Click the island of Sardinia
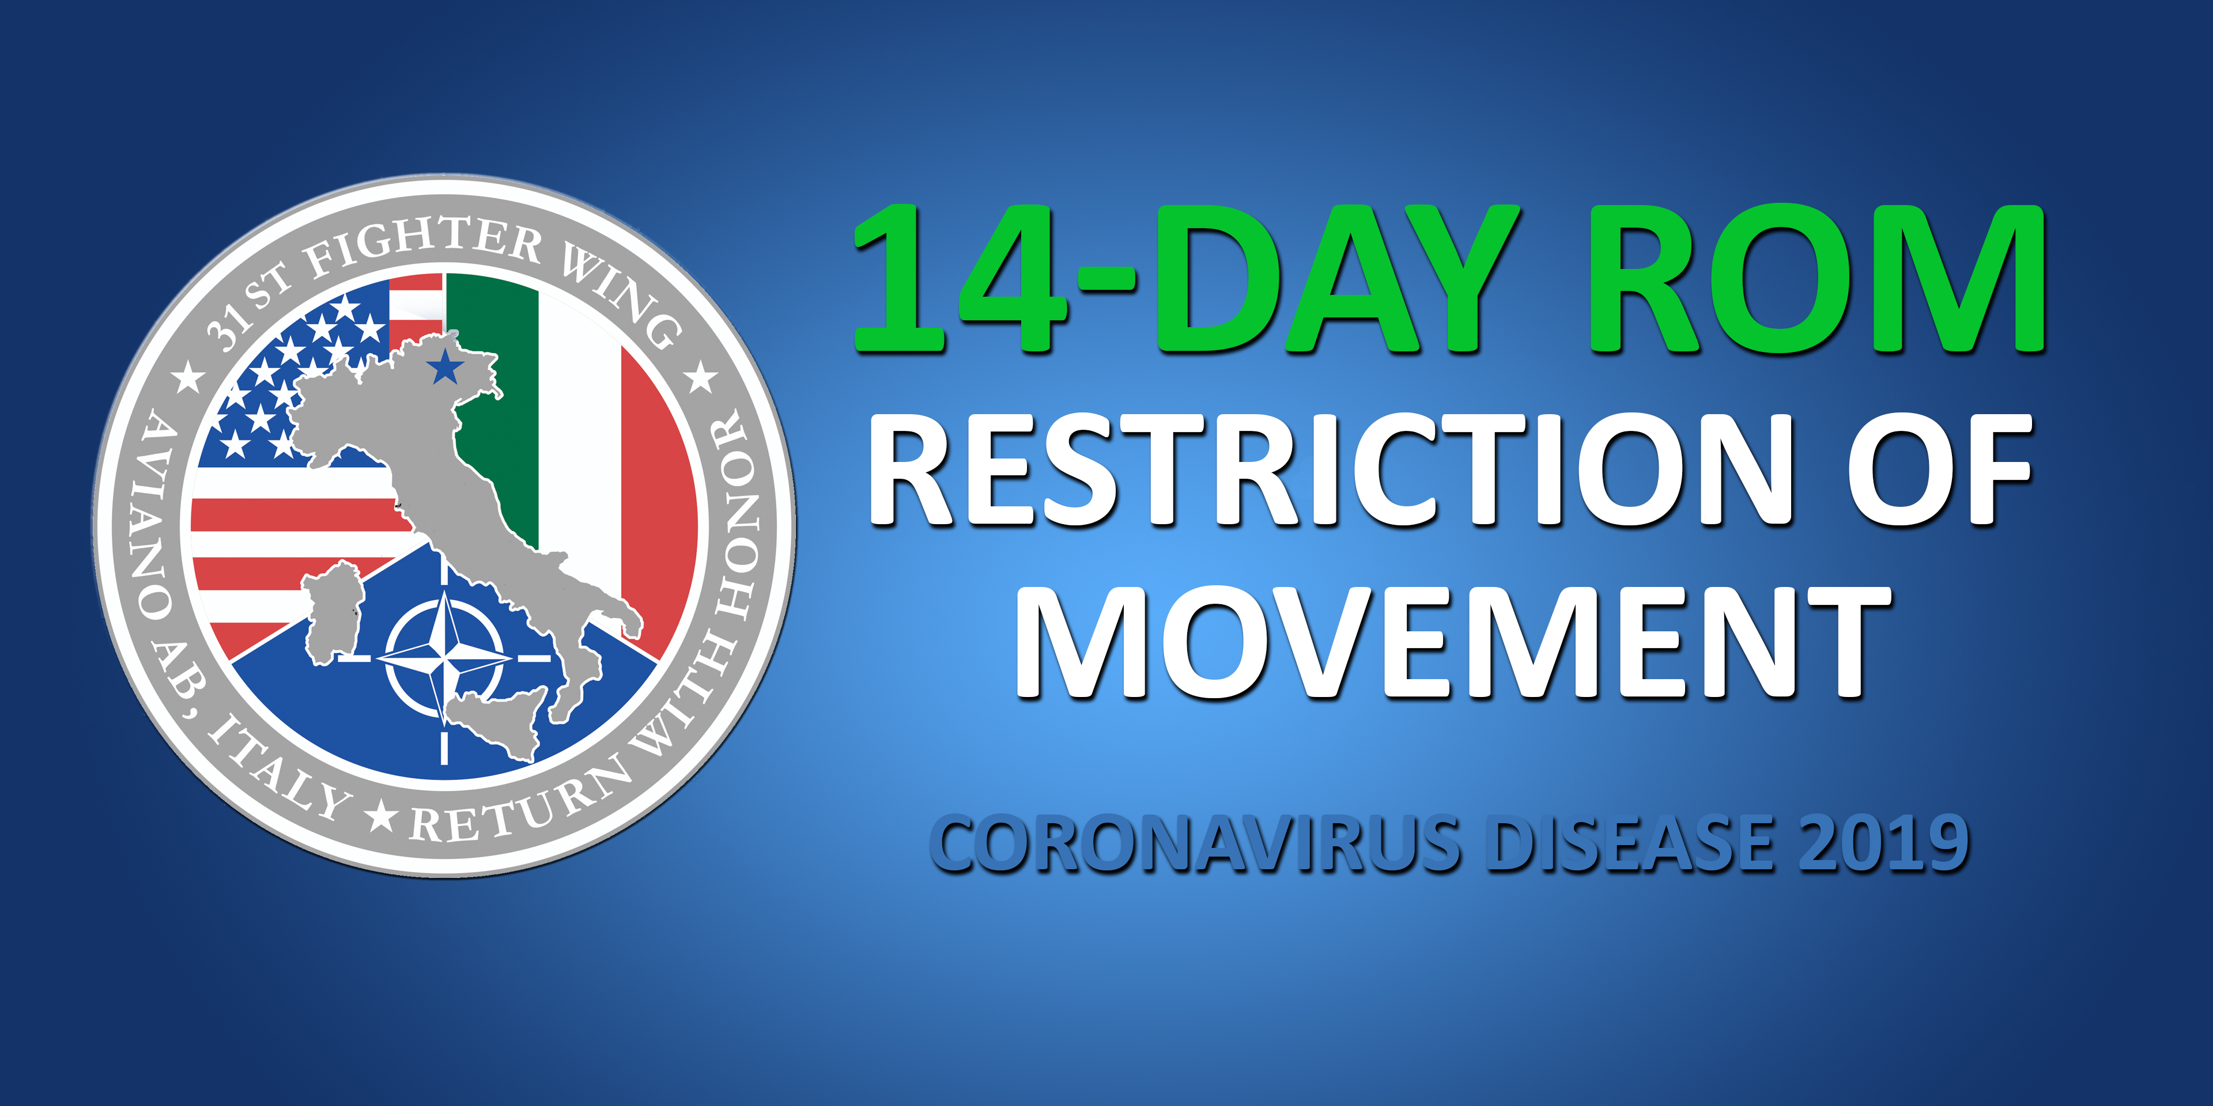coord(331,611)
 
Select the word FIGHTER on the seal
coord(425,245)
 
